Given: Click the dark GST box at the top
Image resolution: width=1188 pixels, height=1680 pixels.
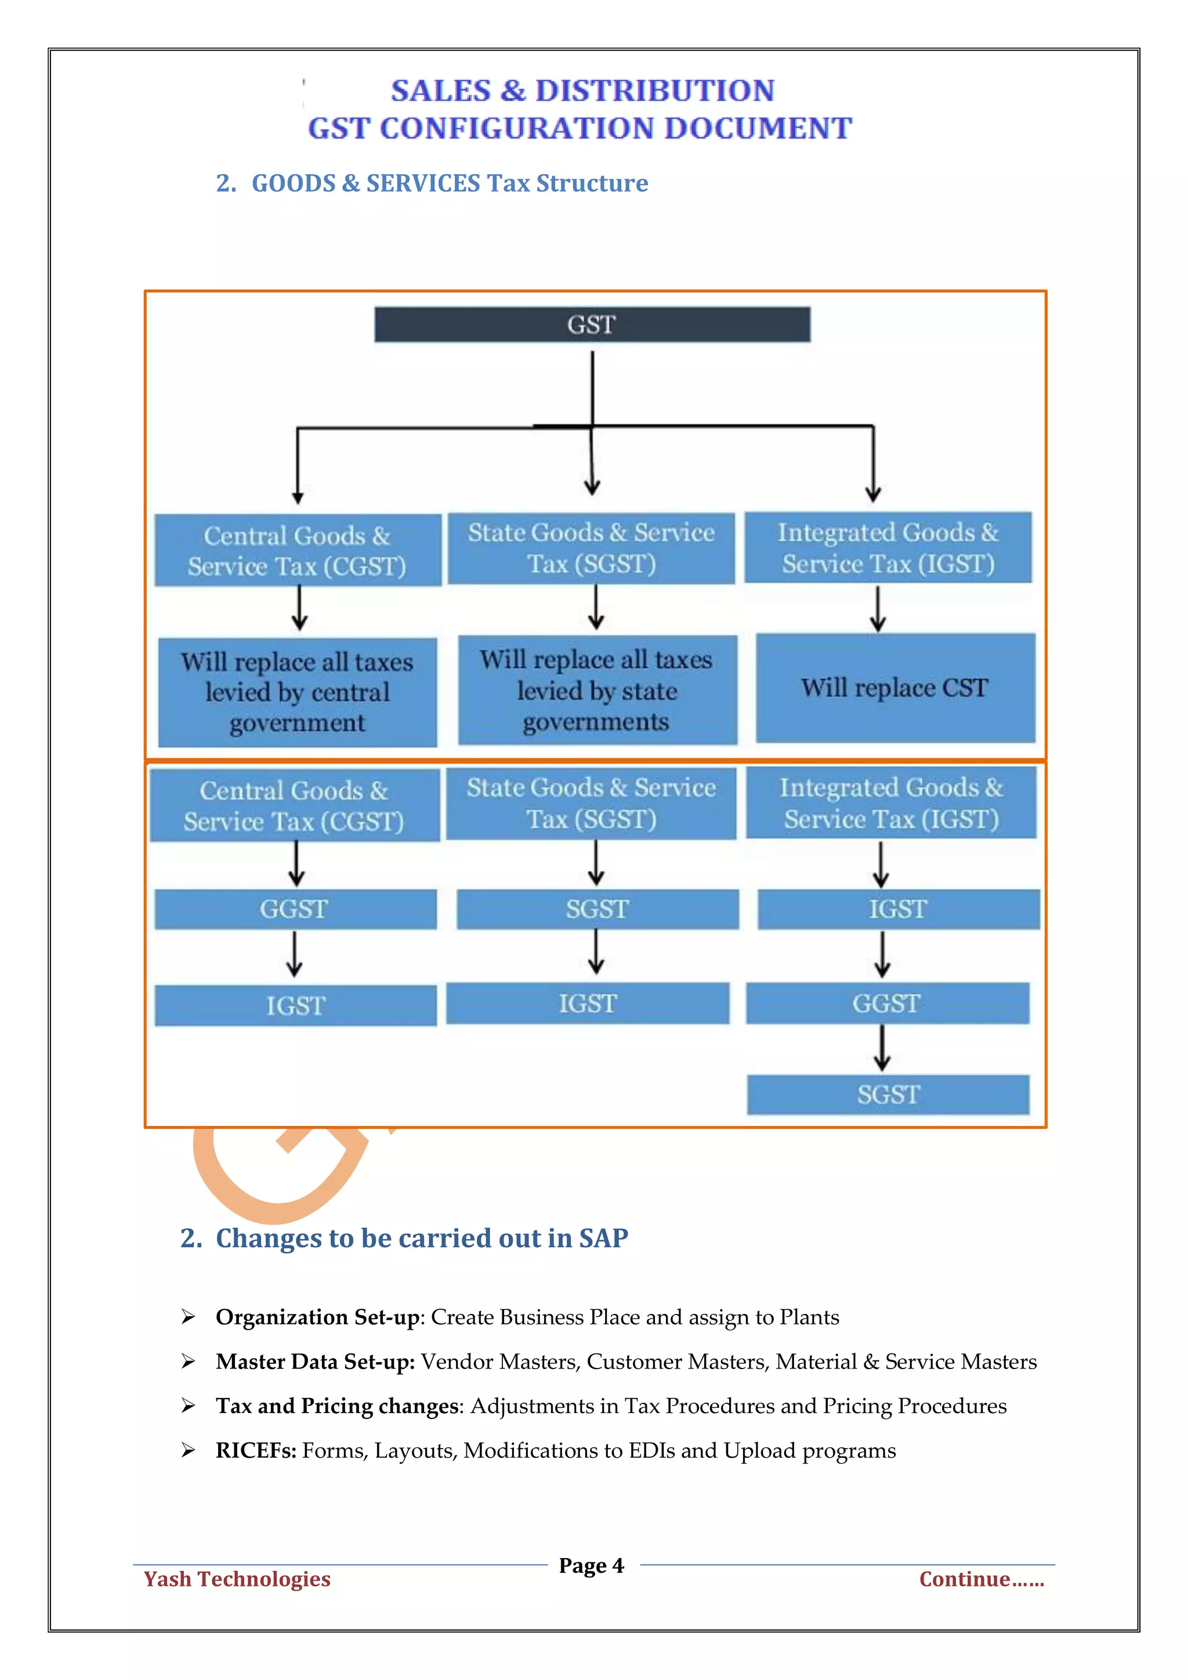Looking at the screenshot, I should click(592, 324).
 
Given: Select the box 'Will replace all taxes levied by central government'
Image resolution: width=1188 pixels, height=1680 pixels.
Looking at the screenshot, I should click(297, 692).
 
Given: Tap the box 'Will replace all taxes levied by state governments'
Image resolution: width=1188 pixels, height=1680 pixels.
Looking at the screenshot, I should click(596, 690).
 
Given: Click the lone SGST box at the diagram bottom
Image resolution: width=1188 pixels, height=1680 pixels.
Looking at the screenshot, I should click(888, 1095).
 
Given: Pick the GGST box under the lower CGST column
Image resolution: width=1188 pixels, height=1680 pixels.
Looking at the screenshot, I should click(295, 909).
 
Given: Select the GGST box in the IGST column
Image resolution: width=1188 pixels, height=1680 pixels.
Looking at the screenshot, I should click(886, 1003).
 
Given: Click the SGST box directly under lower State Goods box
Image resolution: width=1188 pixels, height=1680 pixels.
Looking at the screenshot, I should click(597, 909).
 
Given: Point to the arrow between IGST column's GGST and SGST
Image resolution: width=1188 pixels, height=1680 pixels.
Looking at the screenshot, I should click(883, 1048).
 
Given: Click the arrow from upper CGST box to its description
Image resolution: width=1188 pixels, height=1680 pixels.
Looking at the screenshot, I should click(299, 609).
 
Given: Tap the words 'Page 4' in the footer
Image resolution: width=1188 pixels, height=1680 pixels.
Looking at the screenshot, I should click(591, 1565).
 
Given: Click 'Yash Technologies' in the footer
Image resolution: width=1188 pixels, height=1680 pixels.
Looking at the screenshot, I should click(237, 1579).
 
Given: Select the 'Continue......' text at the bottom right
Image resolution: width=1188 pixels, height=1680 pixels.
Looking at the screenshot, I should click(981, 1579).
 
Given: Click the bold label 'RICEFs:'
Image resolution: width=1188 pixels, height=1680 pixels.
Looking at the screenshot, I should click(256, 1450).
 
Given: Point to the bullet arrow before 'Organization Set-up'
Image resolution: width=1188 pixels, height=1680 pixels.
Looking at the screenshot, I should click(189, 1317).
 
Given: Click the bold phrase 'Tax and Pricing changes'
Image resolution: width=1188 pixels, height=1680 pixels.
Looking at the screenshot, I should click(338, 1406).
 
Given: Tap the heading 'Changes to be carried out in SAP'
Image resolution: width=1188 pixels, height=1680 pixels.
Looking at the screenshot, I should click(421, 1238).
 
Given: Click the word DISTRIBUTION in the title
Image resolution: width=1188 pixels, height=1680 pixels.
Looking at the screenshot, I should click(655, 90).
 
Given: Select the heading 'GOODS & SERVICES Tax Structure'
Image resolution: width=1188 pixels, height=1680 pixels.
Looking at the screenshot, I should click(449, 183).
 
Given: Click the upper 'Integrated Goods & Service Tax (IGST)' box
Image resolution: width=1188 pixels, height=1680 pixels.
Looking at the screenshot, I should click(888, 547).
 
